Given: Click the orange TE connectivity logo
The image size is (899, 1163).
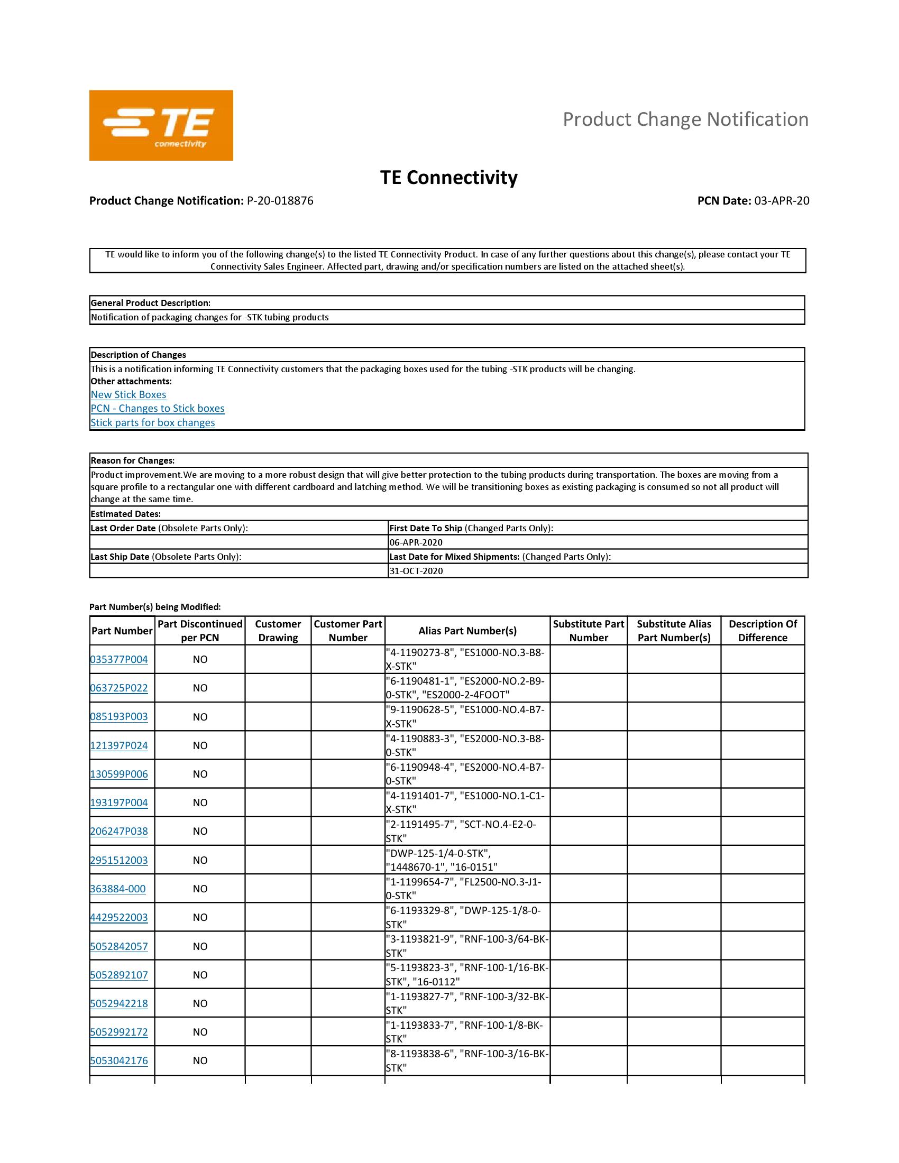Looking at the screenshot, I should point(161,125).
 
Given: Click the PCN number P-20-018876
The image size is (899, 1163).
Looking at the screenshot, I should point(280,201).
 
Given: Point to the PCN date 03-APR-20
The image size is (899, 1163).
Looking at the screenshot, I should point(781,201).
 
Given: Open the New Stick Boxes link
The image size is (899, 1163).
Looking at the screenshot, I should point(129,394).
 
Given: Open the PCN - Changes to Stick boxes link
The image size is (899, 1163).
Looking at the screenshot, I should point(158,409).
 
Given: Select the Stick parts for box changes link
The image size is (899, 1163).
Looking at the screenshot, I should point(153,422).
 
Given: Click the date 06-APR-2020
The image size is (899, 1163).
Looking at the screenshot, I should point(416,542).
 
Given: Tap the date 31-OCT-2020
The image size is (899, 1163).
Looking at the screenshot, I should point(416,571).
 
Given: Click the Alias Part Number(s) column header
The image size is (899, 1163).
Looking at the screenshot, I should point(467,631).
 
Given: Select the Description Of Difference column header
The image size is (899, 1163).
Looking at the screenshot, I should point(762,631).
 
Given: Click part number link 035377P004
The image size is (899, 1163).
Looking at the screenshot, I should point(119,659).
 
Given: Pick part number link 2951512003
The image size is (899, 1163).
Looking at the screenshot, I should point(119,860).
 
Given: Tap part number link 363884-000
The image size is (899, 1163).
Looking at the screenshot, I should point(118,889).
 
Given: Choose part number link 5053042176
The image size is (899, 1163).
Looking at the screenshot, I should point(119,1060).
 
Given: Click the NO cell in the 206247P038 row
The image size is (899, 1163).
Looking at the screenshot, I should point(200,831).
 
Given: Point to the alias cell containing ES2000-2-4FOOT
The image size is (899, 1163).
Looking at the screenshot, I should point(467,688).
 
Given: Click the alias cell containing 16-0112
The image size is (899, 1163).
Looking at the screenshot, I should point(467,974).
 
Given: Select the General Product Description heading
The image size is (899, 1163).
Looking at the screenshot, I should point(151,303).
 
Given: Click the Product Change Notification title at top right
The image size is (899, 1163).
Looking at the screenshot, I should point(685,119).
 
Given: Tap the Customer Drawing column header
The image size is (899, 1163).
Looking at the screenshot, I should point(278,631).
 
